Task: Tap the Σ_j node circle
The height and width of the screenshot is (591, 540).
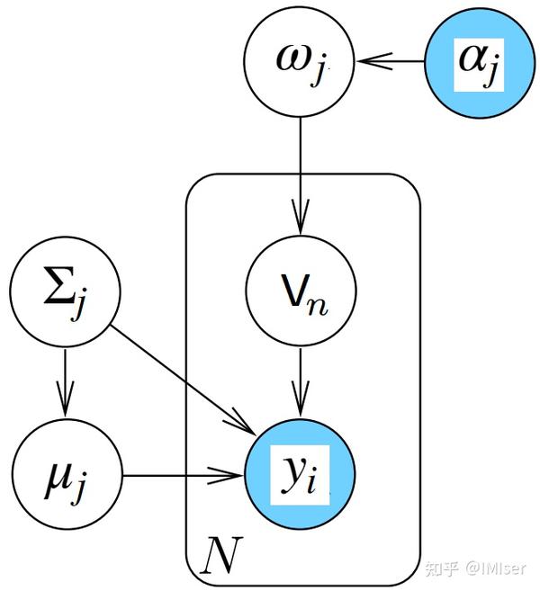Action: pos(65,291)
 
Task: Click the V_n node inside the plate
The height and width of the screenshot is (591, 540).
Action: pos(301,292)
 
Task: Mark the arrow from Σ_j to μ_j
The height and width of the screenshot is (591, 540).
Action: pos(65,381)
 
